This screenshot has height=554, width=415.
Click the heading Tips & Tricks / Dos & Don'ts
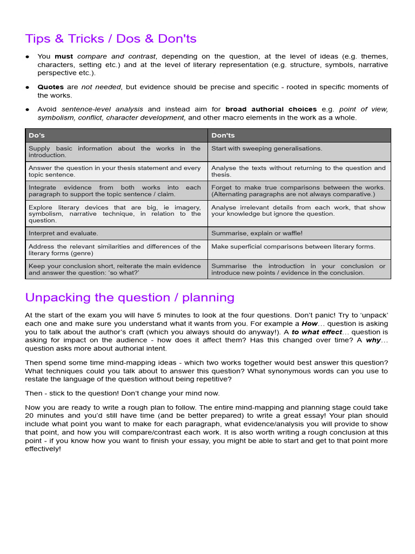(x=111, y=39)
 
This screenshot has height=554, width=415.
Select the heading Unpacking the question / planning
(x=130, y=298)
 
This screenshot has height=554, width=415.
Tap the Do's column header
(x=37, y=135)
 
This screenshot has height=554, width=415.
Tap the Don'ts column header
(x=223, y=135)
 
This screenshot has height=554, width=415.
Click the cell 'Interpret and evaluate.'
(x=63, y=233)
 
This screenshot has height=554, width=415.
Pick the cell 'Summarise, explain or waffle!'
(x=257, y=233)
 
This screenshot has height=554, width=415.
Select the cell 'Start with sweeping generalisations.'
(x=266, y=148)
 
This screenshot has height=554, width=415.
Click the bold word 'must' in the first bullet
(x=64, y=56)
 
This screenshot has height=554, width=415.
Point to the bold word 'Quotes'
(x=50, y=87)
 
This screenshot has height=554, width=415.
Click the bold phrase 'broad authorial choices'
(x=271, y=109)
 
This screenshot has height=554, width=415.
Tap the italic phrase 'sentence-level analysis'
(x=103, y=109)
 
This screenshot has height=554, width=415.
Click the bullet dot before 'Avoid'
(x=28, y=109)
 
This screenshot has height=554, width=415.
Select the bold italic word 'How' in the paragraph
(x=310, y=324)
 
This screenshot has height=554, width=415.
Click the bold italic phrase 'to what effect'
(x=317, y=332)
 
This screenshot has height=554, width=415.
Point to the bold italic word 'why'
(x=373, y=340)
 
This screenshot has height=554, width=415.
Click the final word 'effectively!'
(x=43, y=449)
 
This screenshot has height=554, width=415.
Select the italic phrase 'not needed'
(x=101, y=87)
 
